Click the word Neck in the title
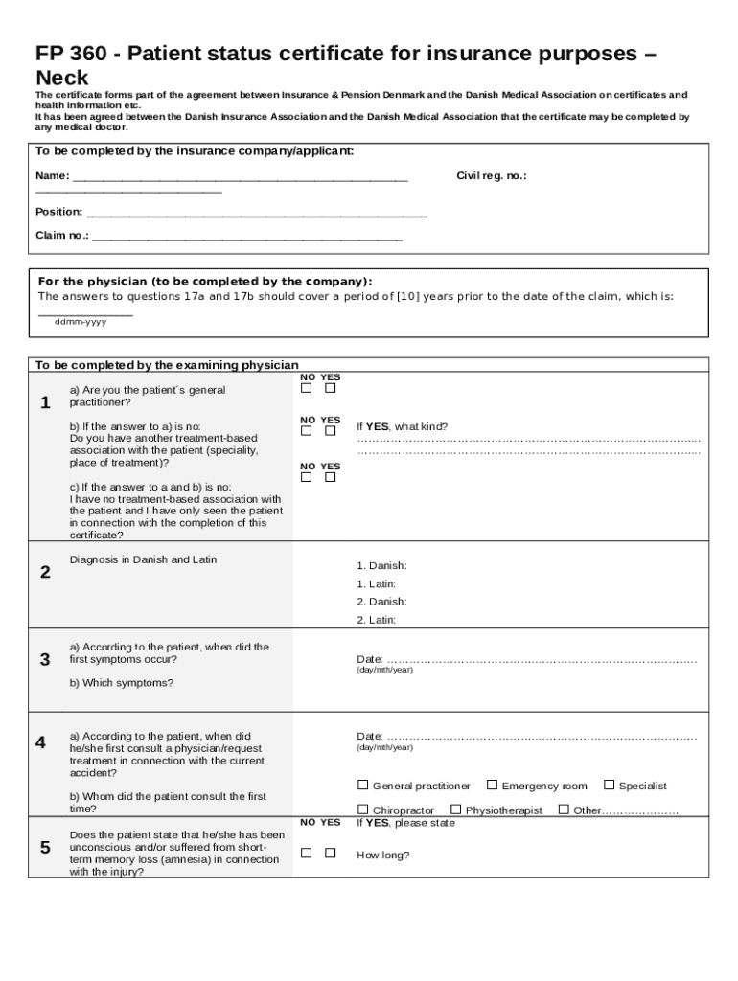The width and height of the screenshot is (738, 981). click(x=61, y=79)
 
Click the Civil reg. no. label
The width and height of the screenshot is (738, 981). click(x=491, y=176)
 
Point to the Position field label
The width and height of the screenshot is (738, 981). click(x=58, y=212)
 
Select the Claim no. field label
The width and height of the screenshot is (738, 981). click(x=62, y=235)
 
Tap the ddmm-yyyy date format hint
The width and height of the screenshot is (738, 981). click(x=81, y=322)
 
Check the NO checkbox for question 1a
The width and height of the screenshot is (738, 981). click(x=307, y=389)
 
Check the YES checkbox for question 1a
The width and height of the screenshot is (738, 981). click(x=330, y=389)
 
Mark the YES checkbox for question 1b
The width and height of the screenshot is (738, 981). click(x=330, y=432)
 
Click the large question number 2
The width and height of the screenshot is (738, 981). click(x=45, y=573)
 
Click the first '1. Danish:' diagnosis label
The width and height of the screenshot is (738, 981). click(x=381, y=566)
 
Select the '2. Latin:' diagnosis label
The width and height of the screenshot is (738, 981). click(x=376, y=620)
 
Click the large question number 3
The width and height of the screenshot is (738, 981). click(x=45, y=659)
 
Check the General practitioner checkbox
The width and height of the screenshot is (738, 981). click(x=363, y=785)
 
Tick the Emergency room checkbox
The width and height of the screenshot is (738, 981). click(x=493, y=785)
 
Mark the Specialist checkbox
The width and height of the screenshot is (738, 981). click(x=610, y=785)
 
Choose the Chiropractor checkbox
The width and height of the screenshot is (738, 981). click(x=363, y=810)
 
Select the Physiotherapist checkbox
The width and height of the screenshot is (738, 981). click(x=456, y=810)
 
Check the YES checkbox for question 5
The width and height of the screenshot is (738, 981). click(x=330, y=853)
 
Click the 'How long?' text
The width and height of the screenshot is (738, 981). click(x=382, y=856)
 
